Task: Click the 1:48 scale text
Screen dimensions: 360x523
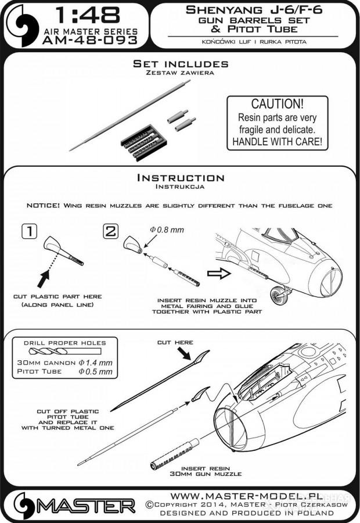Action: (x=87, y=16)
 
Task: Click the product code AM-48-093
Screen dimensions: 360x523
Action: (x=90, y=41)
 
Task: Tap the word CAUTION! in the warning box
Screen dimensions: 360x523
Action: (x=278, y=104)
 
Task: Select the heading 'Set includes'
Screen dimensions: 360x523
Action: (x=181, y=64)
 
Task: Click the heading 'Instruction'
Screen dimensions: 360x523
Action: (x=181, y=178)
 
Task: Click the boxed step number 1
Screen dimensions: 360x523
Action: (x=30, y=231)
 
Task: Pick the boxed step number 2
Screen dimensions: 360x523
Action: (x=111, y=231)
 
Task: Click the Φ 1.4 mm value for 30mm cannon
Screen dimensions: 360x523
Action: (x=96, y=363)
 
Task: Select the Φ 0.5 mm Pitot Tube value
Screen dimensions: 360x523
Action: (x=96, y=371)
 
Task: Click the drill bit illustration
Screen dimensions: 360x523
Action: (x=64, y=351)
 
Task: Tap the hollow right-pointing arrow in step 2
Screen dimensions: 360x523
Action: (x=219, y=274)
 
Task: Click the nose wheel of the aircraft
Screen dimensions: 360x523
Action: (x=277, y=295)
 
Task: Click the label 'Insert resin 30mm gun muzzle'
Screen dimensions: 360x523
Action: (x=206, y=471)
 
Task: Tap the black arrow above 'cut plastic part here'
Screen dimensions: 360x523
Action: (x=44, y=279)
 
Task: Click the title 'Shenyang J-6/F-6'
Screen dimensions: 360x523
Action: (x=254, y=10)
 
